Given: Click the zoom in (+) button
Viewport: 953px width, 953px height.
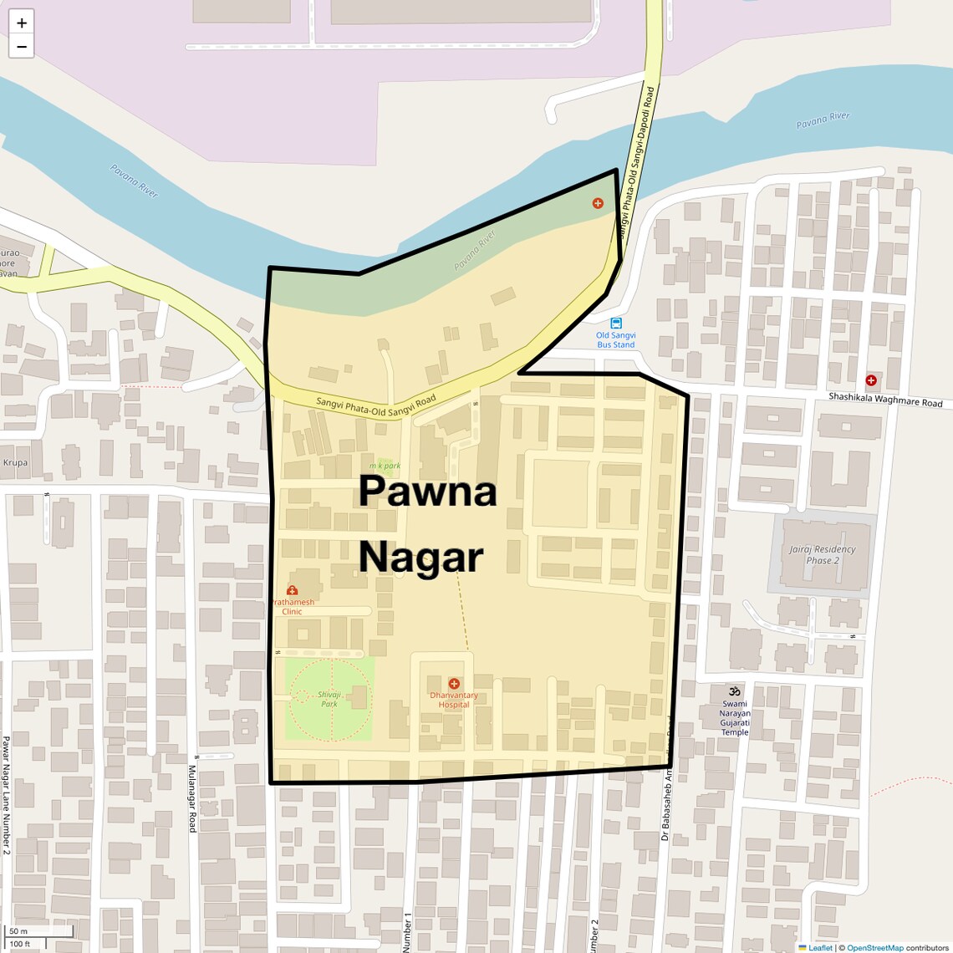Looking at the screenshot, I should click(x=22, y=23).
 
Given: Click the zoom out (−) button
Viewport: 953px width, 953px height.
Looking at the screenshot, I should click(x=22, y=47).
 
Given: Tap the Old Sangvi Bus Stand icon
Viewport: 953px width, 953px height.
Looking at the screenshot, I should click(x=616, y=324).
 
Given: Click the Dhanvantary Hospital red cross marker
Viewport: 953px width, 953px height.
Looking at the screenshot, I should click(x=454, y=684).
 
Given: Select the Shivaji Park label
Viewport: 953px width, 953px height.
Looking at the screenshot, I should click(x=329, y=699).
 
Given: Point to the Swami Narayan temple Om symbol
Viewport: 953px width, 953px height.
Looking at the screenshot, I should click(x=735, y=691).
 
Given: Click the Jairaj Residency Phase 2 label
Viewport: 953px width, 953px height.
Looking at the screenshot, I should click(x=822, y=554).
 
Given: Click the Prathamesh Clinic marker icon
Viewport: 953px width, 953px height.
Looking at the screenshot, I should click(x=292, y=590).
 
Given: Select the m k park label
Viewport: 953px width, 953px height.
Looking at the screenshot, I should click(x=385, y=466).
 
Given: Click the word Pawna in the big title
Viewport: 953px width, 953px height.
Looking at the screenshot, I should click(x=427, y=492).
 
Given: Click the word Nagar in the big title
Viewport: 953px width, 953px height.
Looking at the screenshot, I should click(x=421, y=557).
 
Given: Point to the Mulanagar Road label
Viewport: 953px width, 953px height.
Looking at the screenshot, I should click(x=191, y=798).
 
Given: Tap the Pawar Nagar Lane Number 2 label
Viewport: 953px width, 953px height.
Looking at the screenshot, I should click(x=6, y=794).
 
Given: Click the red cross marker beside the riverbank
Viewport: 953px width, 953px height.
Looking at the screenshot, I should click(x=598, y=203).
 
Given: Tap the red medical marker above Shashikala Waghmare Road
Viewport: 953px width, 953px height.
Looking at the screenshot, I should click(x=871, y=380).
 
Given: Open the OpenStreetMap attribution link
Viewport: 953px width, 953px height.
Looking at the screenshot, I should click(x=874, y=948).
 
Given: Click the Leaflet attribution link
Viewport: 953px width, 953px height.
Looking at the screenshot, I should click(x=819, y=948).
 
